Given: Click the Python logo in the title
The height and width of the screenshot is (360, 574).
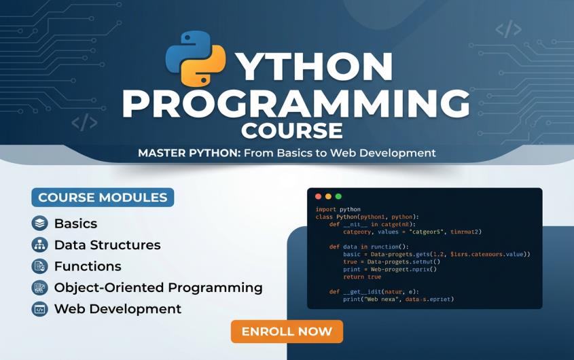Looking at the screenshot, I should point(196,57).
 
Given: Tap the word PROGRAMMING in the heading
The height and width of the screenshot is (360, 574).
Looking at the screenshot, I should point(295,103).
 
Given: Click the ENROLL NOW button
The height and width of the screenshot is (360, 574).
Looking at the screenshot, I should point(287,331).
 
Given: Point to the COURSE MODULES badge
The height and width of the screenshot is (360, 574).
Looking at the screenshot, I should point(103,198).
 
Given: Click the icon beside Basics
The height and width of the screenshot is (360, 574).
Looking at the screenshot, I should point(39,223).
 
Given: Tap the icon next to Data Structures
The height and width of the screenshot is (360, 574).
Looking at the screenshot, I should point(39,245).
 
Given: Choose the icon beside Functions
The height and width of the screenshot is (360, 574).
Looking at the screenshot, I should point(39,266).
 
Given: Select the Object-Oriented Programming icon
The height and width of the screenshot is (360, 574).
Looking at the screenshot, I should point(39,287).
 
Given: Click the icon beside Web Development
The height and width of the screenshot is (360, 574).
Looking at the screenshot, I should point(39,309).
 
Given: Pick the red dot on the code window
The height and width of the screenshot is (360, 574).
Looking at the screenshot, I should point(318,196).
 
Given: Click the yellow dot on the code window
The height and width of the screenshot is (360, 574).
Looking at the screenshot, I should point(328,196).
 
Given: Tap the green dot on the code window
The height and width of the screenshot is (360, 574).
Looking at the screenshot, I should point(338,196).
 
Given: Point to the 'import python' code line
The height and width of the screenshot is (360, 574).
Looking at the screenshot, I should point(338,209).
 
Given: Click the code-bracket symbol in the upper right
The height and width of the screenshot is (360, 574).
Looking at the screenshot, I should point(508,29).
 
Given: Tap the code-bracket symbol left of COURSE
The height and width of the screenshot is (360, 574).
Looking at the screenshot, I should point(84,123).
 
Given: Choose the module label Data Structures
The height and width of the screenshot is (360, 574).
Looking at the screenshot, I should point(107,245).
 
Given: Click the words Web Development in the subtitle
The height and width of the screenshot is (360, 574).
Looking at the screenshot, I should point(383,153).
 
